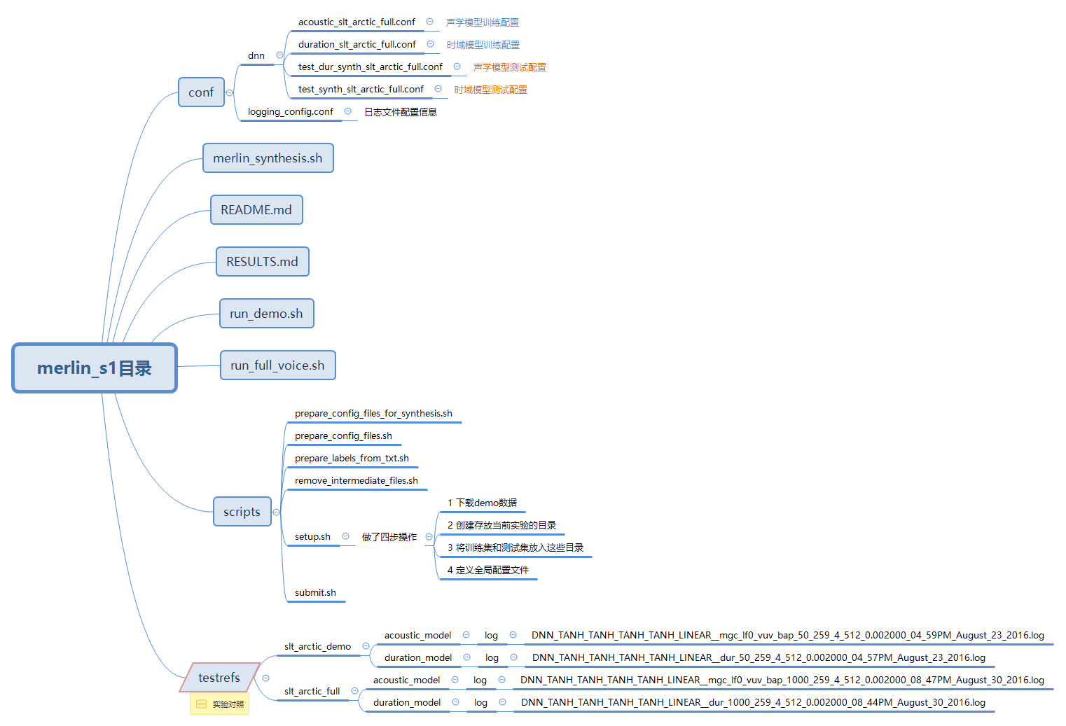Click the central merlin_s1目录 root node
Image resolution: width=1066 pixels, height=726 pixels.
tap(95, 368)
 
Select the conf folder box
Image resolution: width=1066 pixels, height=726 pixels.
tap(201, 92)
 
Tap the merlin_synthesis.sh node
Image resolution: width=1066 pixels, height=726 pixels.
tap(268, 158)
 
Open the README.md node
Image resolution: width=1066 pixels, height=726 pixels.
tap(256, 210)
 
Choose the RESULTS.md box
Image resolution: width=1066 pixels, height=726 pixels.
tap(262, 262)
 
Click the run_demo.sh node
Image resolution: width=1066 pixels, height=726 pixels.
tap(266, 314)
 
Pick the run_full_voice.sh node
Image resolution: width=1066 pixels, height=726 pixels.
tap(277, 365)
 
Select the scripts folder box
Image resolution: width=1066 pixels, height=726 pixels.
tap(242, 512)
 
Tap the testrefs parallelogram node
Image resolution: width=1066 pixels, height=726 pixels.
tap(219, 678)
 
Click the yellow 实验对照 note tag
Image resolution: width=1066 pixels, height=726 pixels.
tap(220, 704)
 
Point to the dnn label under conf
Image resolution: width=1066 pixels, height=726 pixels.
tap(256, 56)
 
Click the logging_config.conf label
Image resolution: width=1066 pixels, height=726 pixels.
tap(291, 112)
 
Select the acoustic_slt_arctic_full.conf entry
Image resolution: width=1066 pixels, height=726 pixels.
tap(357, 22)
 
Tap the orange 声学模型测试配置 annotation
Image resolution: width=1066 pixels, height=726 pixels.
tap(510, 67)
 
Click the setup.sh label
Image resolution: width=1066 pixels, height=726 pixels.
tap(312, 537)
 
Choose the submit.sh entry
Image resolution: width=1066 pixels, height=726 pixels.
tap(315, 593)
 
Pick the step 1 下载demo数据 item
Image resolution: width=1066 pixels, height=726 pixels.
tap(482, 503)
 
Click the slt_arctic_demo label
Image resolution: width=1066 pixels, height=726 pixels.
tap(317, 647)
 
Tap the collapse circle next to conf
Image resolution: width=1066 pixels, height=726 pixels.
tap(229, 92)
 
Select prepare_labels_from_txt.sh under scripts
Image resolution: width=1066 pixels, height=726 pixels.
tap(352, 459)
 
